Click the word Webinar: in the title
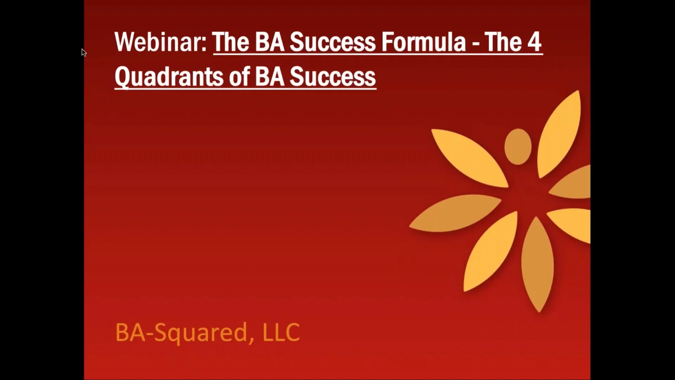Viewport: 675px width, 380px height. [x=161, y=42]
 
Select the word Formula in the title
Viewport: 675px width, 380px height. [x=423, y=42]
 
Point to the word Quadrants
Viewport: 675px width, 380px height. [x=169, y=77]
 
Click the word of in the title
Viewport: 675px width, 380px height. [x=239, y=77]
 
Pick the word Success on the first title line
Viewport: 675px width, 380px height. [x=333, y=42]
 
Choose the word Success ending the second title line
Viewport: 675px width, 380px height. [x=333, y=77]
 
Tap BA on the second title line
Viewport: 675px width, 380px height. [x=269, y=77]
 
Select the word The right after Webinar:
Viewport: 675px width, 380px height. [x=231, y=42]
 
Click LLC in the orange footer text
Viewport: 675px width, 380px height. [x=281, y=332]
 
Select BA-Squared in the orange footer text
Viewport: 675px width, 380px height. [x=181, y=332]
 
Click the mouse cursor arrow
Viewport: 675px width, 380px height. [x=84, y=52]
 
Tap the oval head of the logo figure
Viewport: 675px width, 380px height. [x=518, y=146]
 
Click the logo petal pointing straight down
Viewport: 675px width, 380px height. [x=537, y=264]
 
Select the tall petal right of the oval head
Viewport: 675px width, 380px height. [x=559, y=134]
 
